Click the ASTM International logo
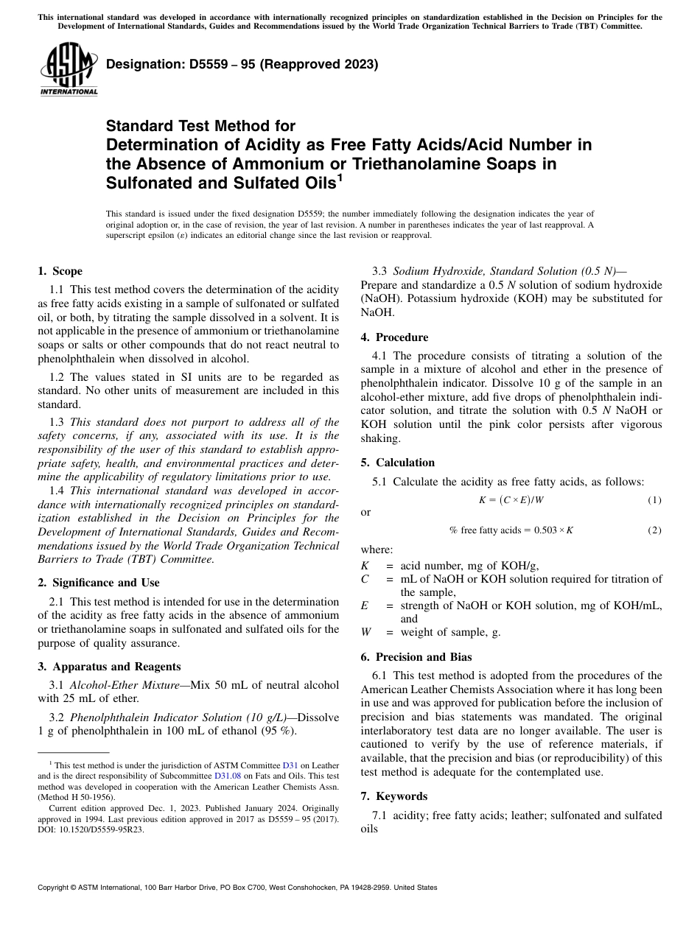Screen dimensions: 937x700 pos(69,69)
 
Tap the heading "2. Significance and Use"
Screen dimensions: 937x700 pos(98,583)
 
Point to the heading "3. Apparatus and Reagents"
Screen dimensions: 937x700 pos(108,667)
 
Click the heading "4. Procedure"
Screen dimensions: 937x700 pos(394,337)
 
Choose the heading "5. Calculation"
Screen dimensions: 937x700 pos(397,463)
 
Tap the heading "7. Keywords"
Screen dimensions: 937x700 pos(393,796)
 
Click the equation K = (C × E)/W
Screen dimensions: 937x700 pos(511,500)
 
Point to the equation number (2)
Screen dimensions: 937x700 pos(654,530)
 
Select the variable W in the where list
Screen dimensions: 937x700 pos(366,632)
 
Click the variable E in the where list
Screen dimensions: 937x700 pos(365,606)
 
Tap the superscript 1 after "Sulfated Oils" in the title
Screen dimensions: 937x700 pos(340,178)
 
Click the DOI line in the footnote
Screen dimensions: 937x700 pos(91,829)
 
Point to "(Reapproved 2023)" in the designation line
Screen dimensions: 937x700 pos(316,65)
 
